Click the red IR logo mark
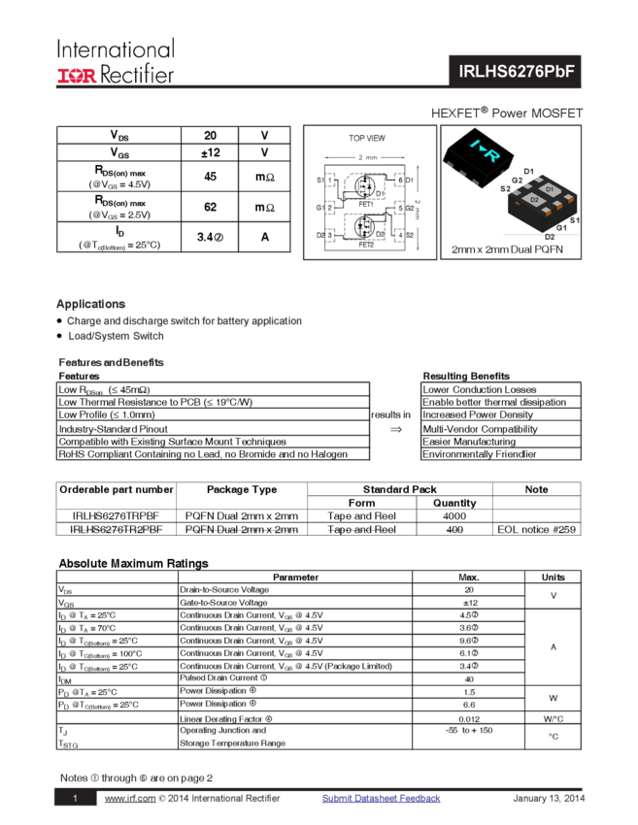[77, 75]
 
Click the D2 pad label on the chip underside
[534, 199]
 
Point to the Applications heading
[91, 304]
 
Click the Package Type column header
[242, 489]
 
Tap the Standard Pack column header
[399, 489]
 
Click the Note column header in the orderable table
[537, 489]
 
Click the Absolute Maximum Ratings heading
[131, 563]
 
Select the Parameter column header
[295, 577]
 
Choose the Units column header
[553, 577]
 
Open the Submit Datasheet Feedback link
[381, 798]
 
